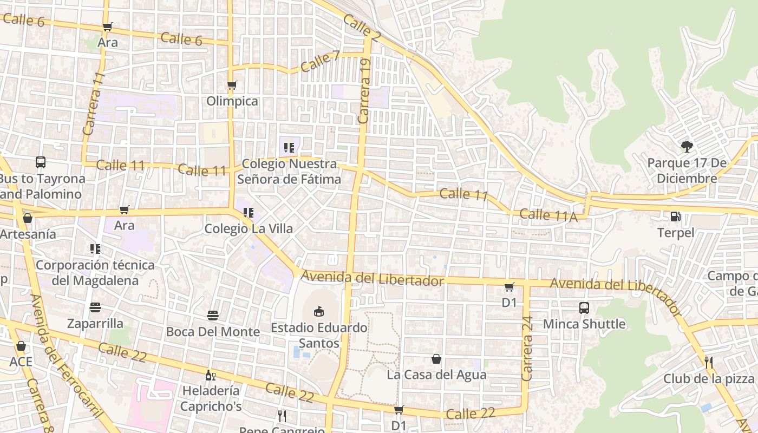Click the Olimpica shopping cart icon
point(232,85)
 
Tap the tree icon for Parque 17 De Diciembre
point(687,146)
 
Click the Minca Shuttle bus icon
point(584,308)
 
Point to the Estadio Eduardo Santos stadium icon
point(319,311)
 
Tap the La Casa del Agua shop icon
point(436,359)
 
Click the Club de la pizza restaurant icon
point(708,362)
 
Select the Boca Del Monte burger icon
point(213,316)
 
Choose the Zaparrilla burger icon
point(95,308)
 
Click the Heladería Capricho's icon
point(210,375)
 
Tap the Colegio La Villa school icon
point(249,213)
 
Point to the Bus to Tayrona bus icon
point(41,162)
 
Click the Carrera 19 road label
point(364,91)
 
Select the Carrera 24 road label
point(527,349)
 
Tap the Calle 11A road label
point(548,215)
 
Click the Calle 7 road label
point(319,61)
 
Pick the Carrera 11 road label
point(93,104)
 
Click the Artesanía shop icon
point(28,218)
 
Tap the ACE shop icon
point(21,346)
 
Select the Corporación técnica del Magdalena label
point(95,273)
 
